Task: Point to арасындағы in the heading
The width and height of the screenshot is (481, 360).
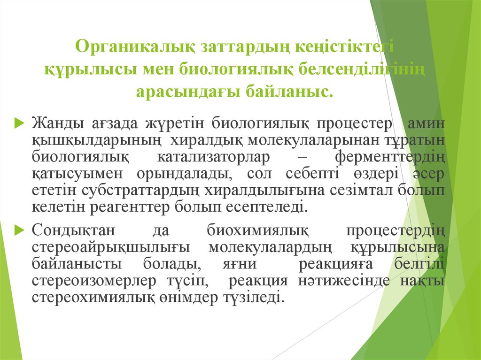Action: coord(186,91)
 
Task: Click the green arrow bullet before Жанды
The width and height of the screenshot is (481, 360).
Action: coord(19,123)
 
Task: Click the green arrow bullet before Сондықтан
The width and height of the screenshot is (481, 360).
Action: coord(19,230)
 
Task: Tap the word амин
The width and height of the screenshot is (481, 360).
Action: coord(426,124)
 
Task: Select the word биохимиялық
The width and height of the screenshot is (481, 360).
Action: coord(257,231)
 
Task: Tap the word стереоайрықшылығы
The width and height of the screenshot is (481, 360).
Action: coord(110,247)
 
